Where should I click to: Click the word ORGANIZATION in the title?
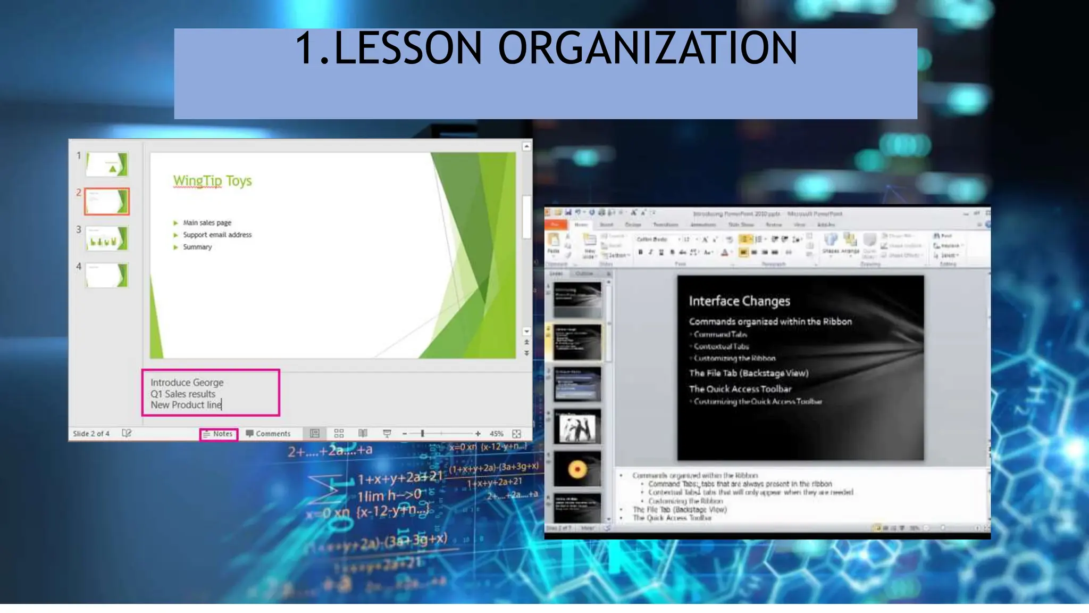click(647, 48)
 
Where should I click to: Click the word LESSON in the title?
click(408, 48)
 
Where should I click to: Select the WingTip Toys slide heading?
click(212, 181)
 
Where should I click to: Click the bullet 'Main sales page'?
click(207, 222)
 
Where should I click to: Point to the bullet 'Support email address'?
click(217, 235)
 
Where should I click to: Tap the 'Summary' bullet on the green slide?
click(197, 247)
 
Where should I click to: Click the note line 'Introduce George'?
click(187, 382)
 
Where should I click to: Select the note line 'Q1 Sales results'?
click(183, 394)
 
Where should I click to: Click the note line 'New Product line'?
click(186, 405)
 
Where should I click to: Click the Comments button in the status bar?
click(269, 434)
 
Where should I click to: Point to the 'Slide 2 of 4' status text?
click(91, 434)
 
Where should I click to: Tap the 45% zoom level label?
click(496, 434)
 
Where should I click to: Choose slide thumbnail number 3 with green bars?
click(106, 238)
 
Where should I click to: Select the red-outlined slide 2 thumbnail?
click(106, 201)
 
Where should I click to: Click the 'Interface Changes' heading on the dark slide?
click(739, 301)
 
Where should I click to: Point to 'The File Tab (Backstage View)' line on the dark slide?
click(749, 373)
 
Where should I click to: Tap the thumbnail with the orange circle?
click(577, 469)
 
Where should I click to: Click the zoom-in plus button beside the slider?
click(478, 434)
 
